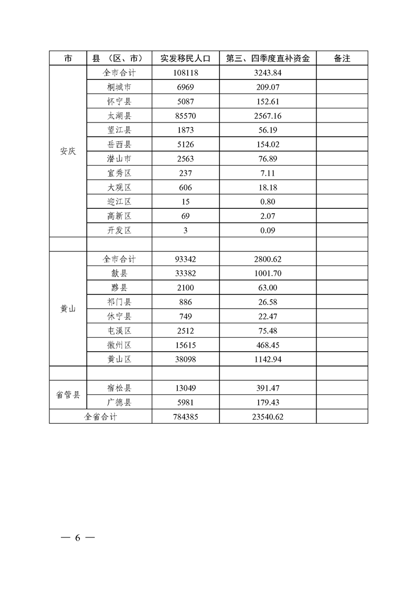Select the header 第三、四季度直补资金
pos(268,58)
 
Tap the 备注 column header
pos(342,58)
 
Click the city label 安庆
pos(68,151)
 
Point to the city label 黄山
pos(68,309)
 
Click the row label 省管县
pos(68,395)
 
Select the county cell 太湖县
pos(119,116)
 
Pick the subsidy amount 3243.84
pos(268,73)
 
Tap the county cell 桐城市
pos(119,87)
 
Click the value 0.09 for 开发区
pos(268,230)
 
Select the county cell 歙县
pos(119,273)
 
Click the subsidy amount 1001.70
pos(268,273)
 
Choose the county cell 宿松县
pos(119,388)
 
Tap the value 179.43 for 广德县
pos(268,402)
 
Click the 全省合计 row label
pos(100,416)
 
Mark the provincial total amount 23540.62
pos(268,416)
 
